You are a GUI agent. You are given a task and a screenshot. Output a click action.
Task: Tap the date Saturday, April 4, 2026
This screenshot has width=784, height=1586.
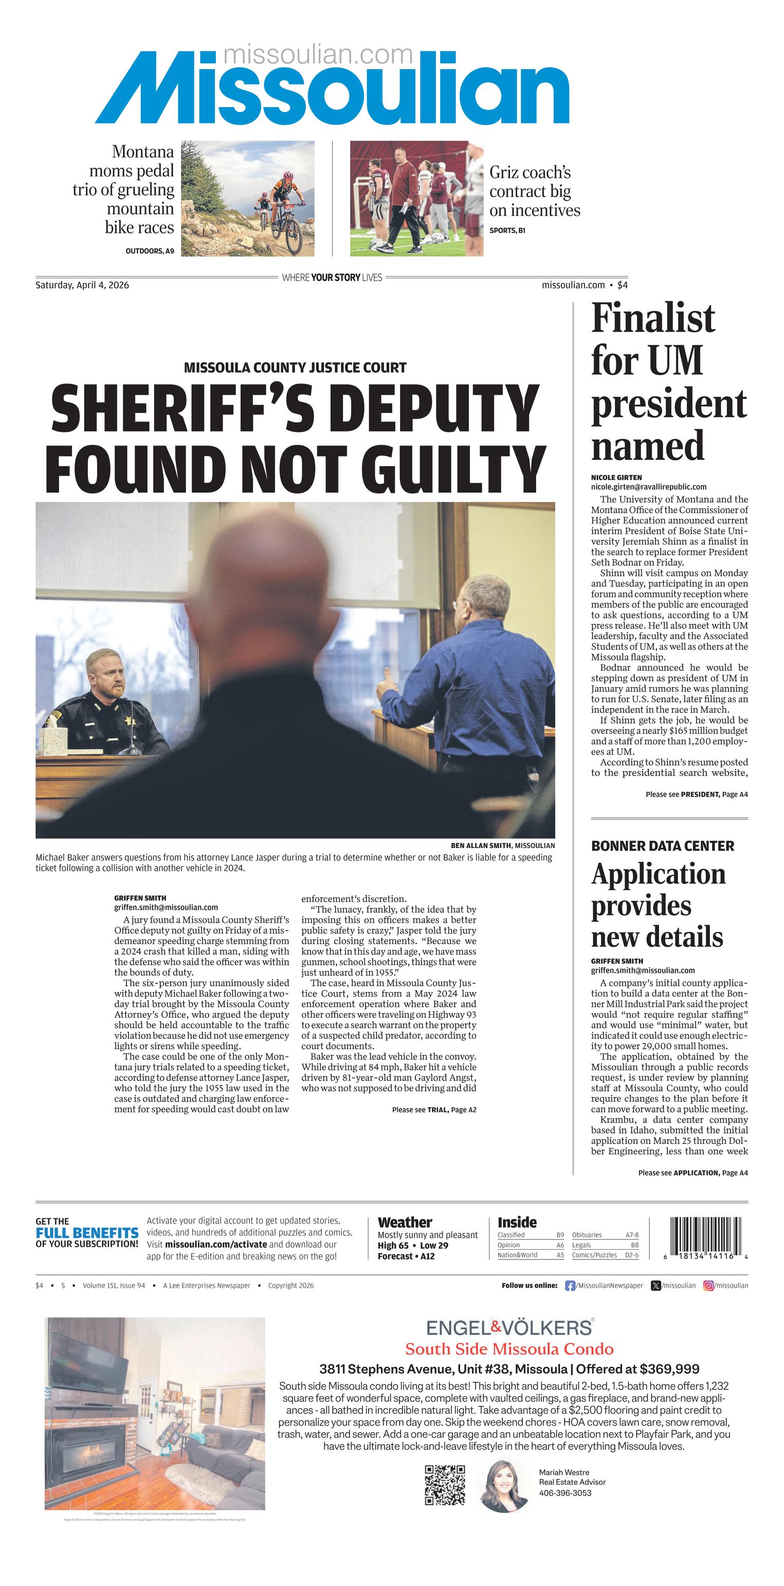tap(82, 285)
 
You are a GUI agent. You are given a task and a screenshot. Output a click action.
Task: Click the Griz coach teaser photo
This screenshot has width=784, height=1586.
tap(416, 199)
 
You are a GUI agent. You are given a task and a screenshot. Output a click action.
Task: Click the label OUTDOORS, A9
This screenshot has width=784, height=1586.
tap(150, 251)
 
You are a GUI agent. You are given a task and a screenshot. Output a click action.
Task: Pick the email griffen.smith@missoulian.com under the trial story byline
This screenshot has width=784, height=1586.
tap(166, 907)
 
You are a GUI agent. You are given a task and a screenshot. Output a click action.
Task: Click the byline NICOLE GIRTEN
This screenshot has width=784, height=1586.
tap(616, 477)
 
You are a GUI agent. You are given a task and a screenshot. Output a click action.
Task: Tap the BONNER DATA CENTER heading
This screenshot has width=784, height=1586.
tap(662, 846)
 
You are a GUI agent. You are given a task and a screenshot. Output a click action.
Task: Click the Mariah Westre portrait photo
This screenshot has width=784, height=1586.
tap(504, 1486)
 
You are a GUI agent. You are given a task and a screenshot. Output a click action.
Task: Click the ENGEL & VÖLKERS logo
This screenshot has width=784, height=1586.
tap(509, 1327)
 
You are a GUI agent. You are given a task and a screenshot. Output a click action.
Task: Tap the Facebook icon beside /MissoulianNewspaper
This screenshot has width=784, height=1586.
tap(570, 1286)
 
